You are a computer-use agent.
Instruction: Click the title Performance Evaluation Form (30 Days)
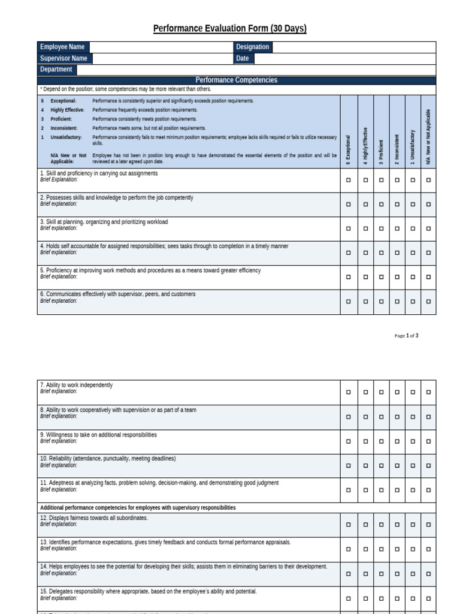[x=230, y=29]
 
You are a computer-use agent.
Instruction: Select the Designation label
[x=253, y=47]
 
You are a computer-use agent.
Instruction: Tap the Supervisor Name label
[x=63, y=59]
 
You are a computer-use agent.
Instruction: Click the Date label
[x=243, y=59]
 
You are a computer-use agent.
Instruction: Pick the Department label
[x=56, y=70]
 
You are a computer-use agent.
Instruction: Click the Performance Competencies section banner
[x=237, y=80]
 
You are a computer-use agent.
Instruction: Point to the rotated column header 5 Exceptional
[x=349, y=150]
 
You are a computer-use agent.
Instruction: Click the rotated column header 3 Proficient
[x=381, y=153]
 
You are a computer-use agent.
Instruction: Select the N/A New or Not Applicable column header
[x=428, y=137]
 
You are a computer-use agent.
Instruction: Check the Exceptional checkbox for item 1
[x=349, y=179]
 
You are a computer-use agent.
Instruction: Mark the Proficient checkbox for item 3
[x=381, y=228]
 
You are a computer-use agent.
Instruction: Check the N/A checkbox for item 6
[x=428, y=302]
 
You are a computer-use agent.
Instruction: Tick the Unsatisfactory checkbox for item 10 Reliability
[x=413, y=465]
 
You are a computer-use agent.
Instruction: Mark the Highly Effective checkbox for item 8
[x=365, y=416]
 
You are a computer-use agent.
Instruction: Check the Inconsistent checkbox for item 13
[x=397, y=549]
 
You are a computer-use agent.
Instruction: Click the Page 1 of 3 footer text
[x=406, y=336]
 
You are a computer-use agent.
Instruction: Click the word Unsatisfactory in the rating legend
[x=66, y=137]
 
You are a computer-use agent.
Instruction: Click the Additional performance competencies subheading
[x=138, y=508]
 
